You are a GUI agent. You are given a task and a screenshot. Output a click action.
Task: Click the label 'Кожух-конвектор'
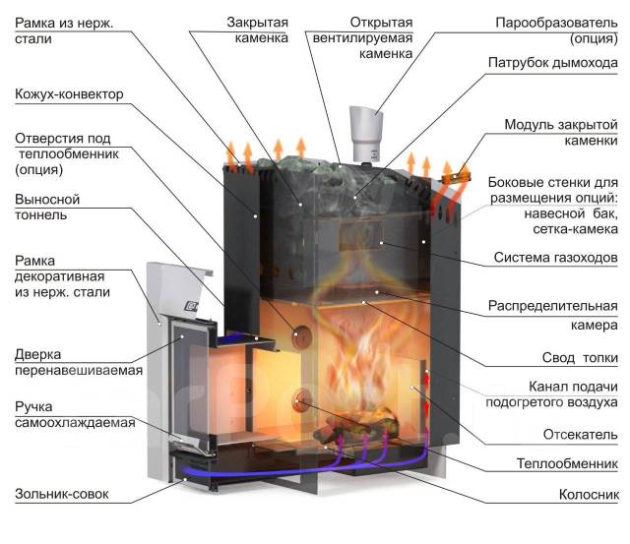(x=69, y=95)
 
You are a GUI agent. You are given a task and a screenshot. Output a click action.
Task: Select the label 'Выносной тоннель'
(x=47, y=207)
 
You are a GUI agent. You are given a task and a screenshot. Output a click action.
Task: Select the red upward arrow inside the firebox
(x=426, y=383)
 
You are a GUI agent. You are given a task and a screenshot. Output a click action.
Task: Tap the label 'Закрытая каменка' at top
(x=257, y=30)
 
